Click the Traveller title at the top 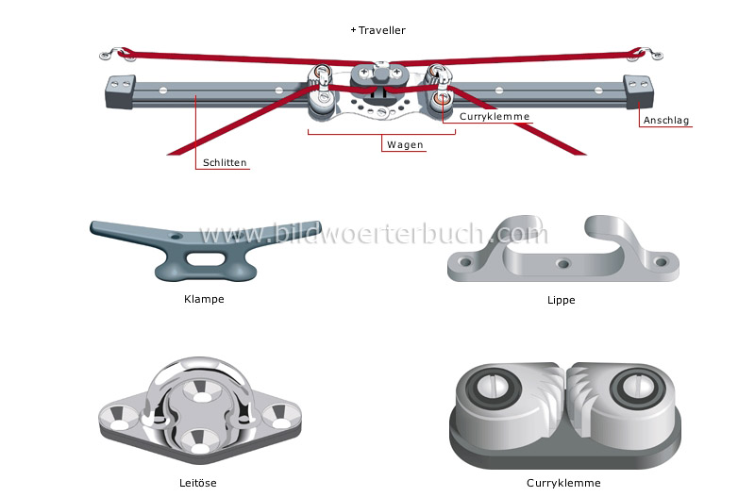point(380,30)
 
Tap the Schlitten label point(226,162)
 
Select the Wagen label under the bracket point(405,145)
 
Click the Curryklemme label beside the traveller point(495,117)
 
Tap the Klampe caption point(204,300)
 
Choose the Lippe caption point(561,300)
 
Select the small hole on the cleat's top point(173,235)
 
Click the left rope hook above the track point(116,51)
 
